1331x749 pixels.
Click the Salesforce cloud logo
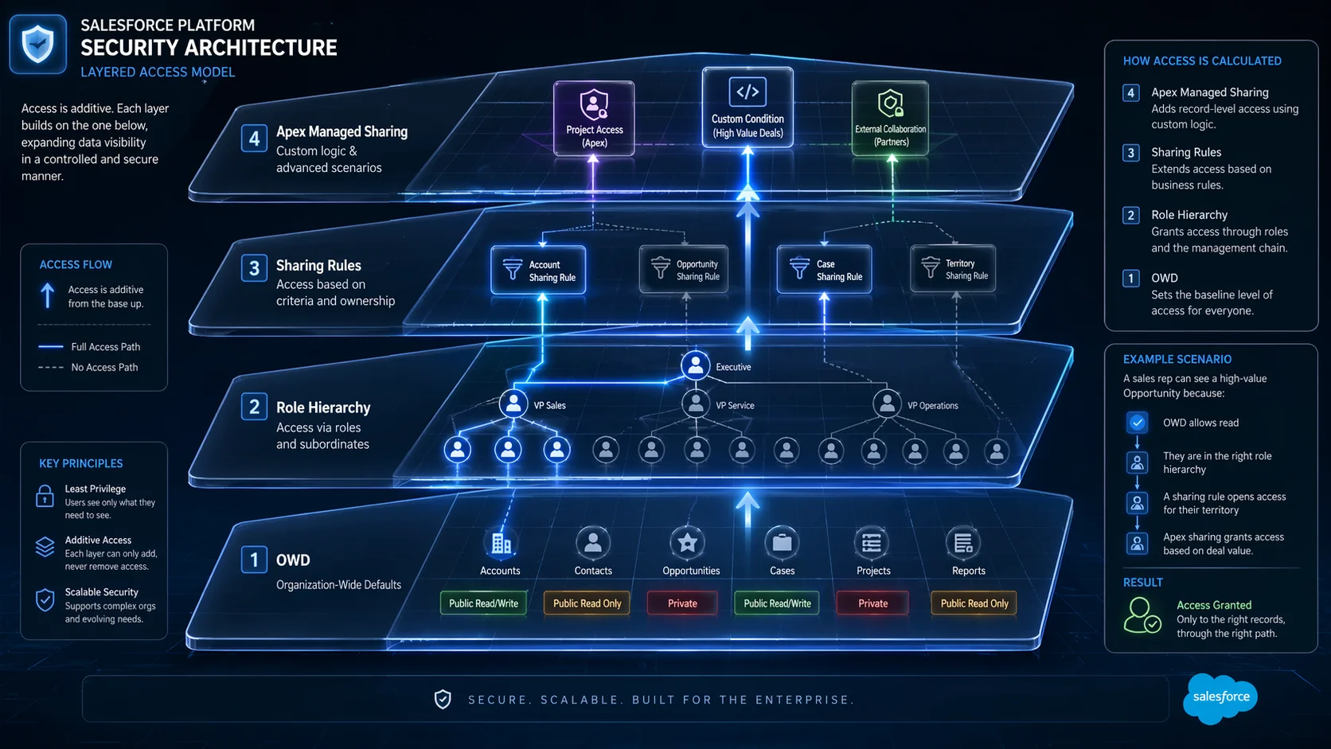1220,697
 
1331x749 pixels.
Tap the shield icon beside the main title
37,45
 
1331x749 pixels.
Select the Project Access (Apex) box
594,118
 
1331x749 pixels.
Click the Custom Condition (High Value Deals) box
747,107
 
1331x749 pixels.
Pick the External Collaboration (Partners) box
890,118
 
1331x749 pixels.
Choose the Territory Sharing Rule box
953,269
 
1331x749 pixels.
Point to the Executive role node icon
695,365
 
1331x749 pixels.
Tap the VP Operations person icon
886,404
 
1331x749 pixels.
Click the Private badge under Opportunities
682,603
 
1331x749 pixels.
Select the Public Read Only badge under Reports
974,603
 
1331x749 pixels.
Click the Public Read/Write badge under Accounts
483,603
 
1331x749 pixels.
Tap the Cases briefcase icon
782,543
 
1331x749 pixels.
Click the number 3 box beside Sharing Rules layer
254,268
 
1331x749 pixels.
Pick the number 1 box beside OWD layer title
254,560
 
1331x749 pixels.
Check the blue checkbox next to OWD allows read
1137,423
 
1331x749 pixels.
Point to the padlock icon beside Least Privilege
45,497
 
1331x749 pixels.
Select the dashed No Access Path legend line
51,368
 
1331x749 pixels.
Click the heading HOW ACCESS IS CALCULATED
1202,60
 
